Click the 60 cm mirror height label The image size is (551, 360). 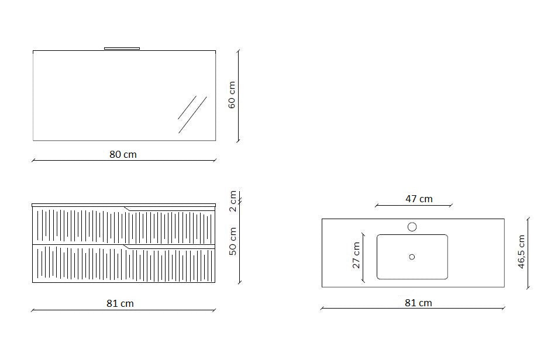point(232,95)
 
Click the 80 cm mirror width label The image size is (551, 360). point(123,154)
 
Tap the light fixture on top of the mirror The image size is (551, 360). point(122,49)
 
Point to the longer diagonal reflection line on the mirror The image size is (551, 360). point(193,115)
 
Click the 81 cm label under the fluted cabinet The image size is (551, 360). point(120,303)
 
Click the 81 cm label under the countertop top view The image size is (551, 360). point(418,302)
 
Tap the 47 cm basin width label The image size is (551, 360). point(419,199)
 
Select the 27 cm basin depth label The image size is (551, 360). point(356,255)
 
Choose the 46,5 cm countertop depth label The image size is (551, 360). point(521,252)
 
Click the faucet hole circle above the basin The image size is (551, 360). point(412,227)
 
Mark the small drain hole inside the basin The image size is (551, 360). point(412,257)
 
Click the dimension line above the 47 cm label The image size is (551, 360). point(414,206)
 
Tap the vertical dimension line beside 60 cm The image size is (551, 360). point(238,95)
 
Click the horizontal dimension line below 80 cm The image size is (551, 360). point(124,160)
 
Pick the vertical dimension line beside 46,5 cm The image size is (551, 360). point(529,252)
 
